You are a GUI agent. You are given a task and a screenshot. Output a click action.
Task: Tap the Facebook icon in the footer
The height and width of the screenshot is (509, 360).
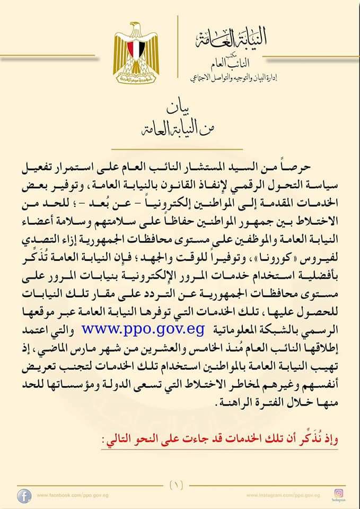[23, 496]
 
